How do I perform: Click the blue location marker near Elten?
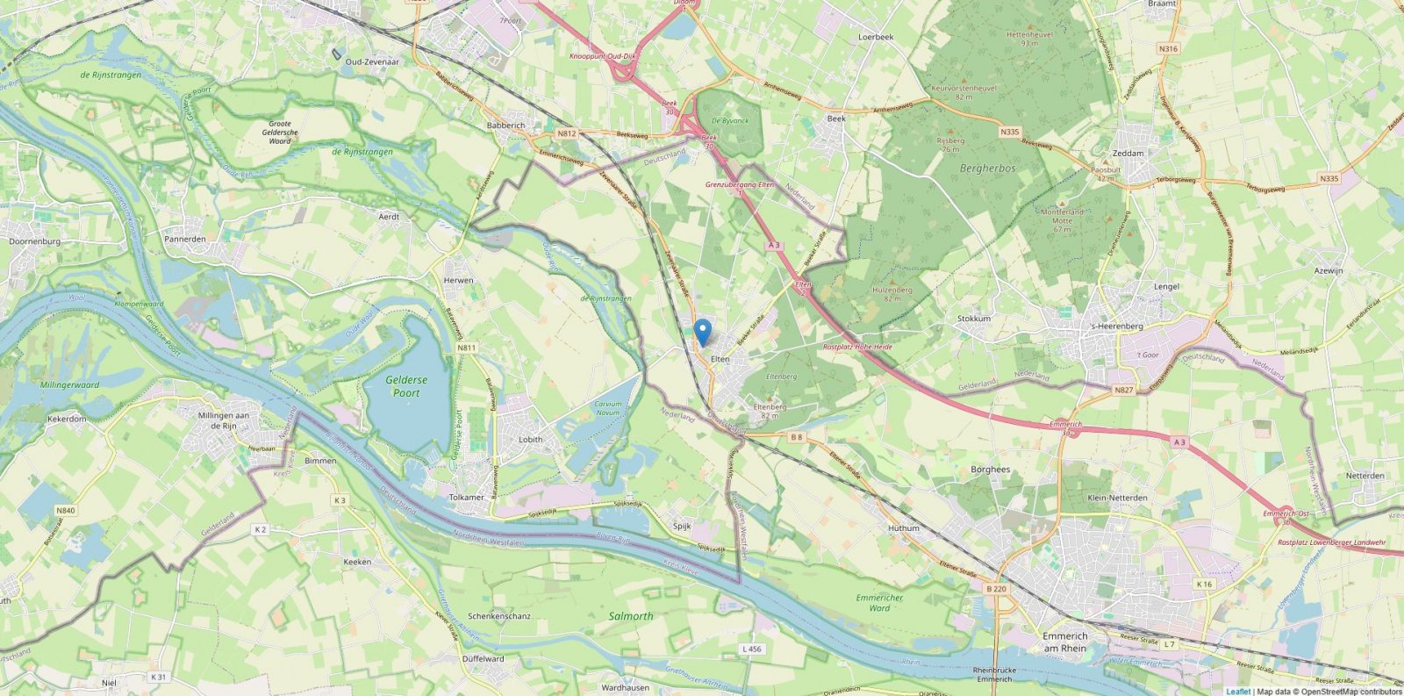tap(702, 332)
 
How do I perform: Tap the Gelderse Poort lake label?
tap(406, 386)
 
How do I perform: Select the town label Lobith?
tap(531, 440)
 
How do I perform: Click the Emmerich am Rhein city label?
tap(1064, 642)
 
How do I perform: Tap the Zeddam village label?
tap(1128, 153)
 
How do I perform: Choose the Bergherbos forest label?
tap(987, 168)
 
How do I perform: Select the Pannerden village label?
tap(185, 239)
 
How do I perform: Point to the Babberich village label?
tap(505, 126)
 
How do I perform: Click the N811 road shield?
tap(466, 348)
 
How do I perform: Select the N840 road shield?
tap(64, 510)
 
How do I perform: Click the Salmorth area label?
tap(631, 616)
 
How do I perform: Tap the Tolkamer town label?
tap(466, 498)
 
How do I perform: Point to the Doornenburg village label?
tap(34, 240)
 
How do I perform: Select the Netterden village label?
tap(1365, 476)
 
